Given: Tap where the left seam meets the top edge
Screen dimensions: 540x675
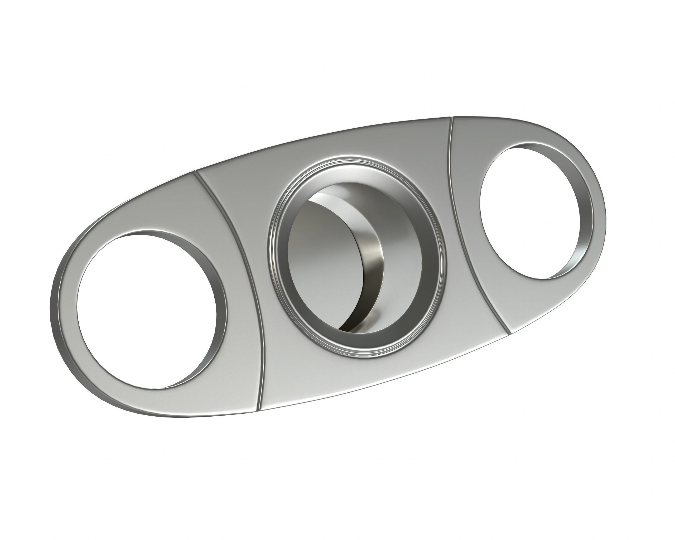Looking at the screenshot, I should (x=195, y=172).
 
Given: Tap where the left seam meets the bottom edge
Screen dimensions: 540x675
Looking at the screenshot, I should (x=259, y=410).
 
